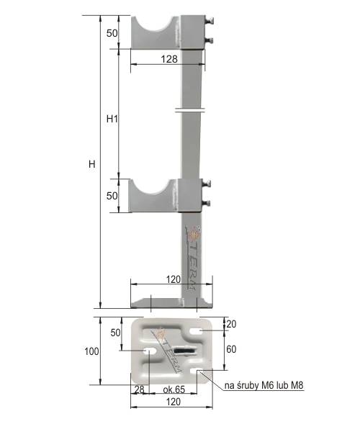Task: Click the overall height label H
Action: pyautogui.click(x=91, y=164)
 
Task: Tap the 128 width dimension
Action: pyautogui.click(x=170, y=60)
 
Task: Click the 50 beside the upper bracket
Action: pyautogui.click(x=112, y=33)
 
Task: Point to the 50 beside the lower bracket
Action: pyautogui.click(x=112, y=197)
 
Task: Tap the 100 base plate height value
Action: pyautogui.click(x=91, y=352)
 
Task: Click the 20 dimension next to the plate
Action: pyautogui.click(x=231, y=324)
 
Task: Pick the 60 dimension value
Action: pyautogui.click(x=231, y=349)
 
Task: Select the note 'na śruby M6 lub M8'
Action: pyautogui.click(x=264, y=386)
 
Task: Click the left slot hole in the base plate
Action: pyautogui.click(x=150, y=351)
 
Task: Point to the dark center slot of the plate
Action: pyautogui.click(x=185, y=351)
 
